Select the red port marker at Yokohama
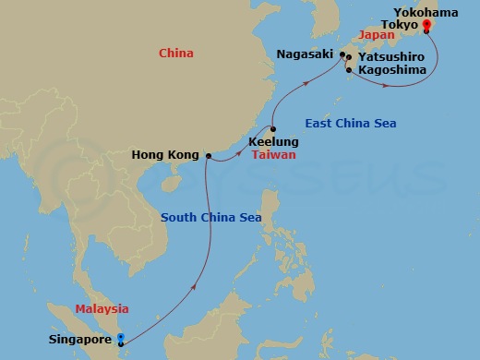click(426, 26)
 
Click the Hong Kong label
click(166, 156)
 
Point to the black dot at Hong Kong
click(208, 156)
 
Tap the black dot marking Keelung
click(273, 129)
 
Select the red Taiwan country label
click(273, 155)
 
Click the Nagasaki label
click(304, 54)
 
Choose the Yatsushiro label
click(392, 56)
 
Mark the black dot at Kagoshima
click(348, 69)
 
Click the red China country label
click(175, 54)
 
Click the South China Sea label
click(210, 218)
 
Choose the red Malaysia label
click(102, 309)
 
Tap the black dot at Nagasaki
click(342, 55)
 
